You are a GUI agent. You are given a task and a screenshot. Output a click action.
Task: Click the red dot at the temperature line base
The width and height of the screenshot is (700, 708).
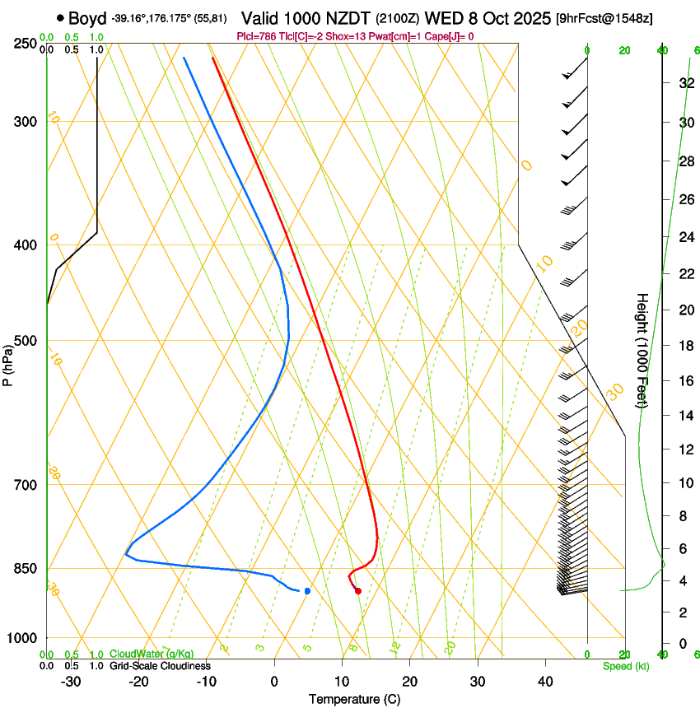point(357,590)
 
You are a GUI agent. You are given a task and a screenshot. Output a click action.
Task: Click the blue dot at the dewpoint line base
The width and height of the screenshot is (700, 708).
point(307,590)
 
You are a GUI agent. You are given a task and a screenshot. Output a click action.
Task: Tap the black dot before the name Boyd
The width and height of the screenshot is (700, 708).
point(60,18)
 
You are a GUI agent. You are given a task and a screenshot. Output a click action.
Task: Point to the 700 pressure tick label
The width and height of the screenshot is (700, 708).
point(26,485)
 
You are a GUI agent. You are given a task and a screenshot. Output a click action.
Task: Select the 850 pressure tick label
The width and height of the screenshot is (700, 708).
point(26,569)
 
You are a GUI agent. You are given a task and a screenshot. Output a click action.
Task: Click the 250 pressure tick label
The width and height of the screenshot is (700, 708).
point(26,44)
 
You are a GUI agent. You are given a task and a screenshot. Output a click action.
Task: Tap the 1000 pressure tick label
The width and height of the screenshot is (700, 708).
point(22,638)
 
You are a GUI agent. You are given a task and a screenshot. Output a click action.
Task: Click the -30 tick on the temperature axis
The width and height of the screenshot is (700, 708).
point(71,682)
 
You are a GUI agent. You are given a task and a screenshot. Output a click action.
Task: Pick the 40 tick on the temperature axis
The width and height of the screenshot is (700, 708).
point(545,682)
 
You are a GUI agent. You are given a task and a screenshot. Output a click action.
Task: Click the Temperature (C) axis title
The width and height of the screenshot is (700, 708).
point(354,699)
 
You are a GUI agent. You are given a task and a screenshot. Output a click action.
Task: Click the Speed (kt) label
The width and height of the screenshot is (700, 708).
point(625,666)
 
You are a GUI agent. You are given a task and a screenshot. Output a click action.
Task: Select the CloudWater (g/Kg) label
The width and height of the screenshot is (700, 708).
point(152,654)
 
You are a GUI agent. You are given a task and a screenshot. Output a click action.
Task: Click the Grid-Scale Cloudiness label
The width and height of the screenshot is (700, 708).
point(159,666)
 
